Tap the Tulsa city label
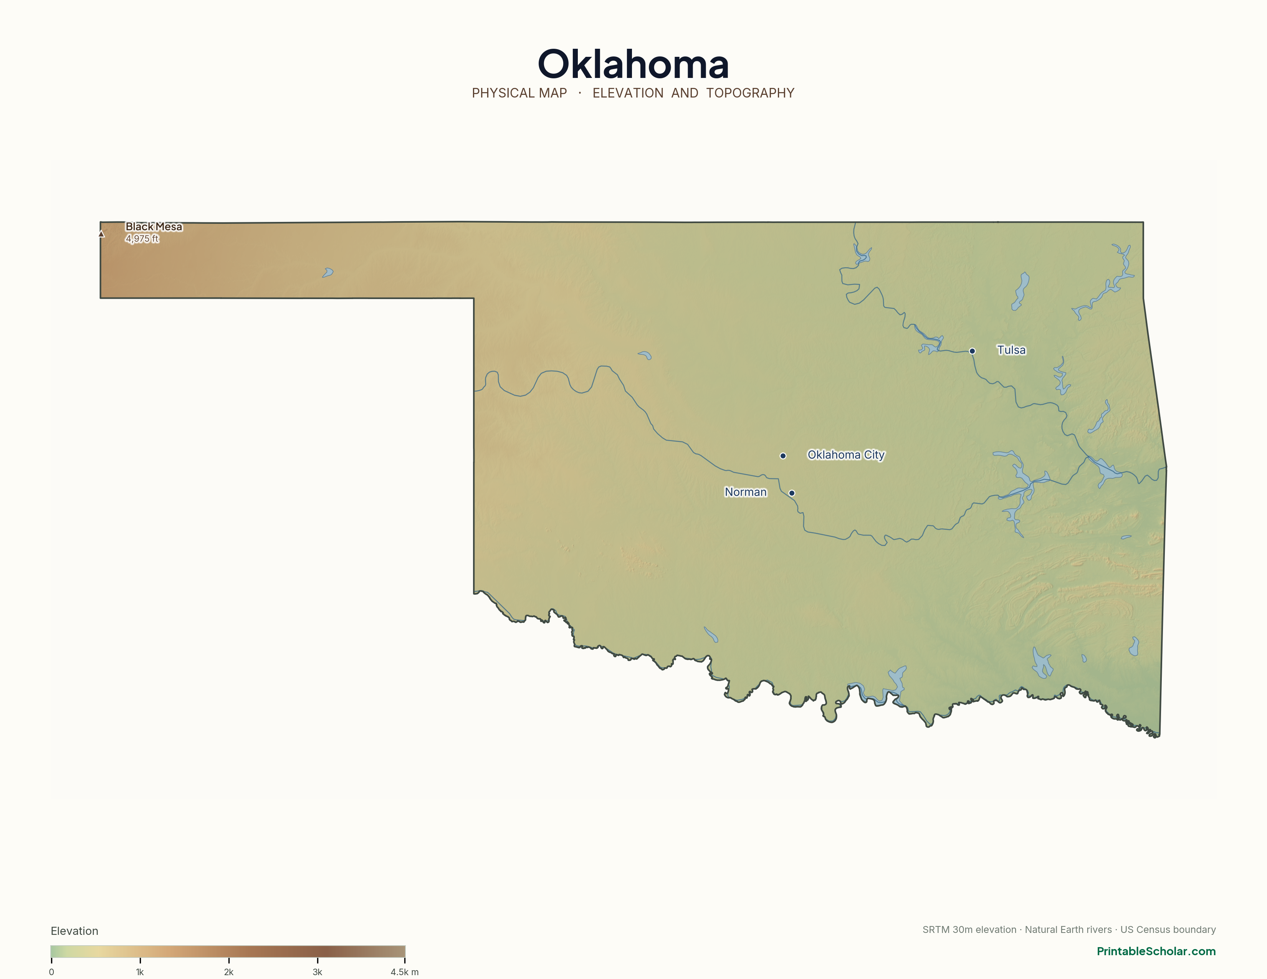1011,350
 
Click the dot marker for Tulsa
972,351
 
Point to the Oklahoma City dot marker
782,456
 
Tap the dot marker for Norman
792,493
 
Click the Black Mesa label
154,227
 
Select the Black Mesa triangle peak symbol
101,234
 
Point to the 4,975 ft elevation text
142,239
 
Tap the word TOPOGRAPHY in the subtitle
750,93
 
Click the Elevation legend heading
74,931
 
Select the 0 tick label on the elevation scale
51,972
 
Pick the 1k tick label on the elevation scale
140,972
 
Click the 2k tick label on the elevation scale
228,972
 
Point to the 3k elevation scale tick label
318,972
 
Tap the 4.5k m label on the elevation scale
404,972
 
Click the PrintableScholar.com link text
1156,951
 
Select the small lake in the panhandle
328,273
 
